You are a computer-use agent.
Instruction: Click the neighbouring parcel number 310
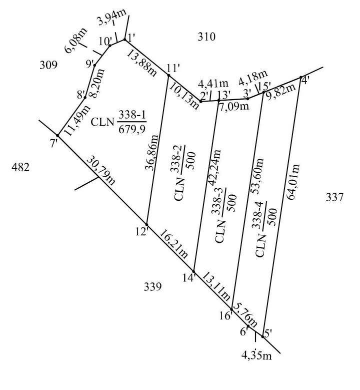click(x=206, y=36)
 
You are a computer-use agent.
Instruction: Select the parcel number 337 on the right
click(x=334, y=198)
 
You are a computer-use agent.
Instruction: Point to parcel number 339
click(x=152, y=287)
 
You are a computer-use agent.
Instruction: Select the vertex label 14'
click(x=188, y=278)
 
